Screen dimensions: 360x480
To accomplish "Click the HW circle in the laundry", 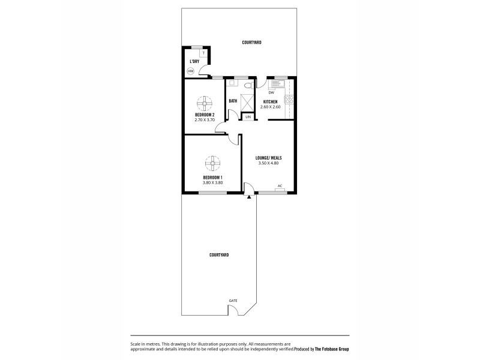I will (x=191, y=71).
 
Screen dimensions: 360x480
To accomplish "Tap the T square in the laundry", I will (x=203, y=54).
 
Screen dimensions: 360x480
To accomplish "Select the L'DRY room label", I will (x=194, y=61).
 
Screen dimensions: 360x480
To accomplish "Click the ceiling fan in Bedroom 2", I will (x=205, y=101).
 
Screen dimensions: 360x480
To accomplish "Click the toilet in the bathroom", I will (x=243, y=85).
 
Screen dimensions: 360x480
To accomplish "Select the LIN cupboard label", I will (x=248, y=116).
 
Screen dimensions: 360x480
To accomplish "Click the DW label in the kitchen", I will (x=271, y=92).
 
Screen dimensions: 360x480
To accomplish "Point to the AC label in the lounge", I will (x=280, y=185).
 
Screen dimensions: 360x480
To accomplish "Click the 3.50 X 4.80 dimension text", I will (x=269, y=163).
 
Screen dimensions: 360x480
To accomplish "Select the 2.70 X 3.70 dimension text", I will (x=205, y=119).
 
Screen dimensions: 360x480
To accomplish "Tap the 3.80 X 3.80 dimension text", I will (x=212, y=182).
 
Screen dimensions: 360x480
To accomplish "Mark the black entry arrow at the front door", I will (x=249, y=196).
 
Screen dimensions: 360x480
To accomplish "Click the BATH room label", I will (x=232, y=101).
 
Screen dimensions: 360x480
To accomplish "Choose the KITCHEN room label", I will (x=271, y=102).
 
